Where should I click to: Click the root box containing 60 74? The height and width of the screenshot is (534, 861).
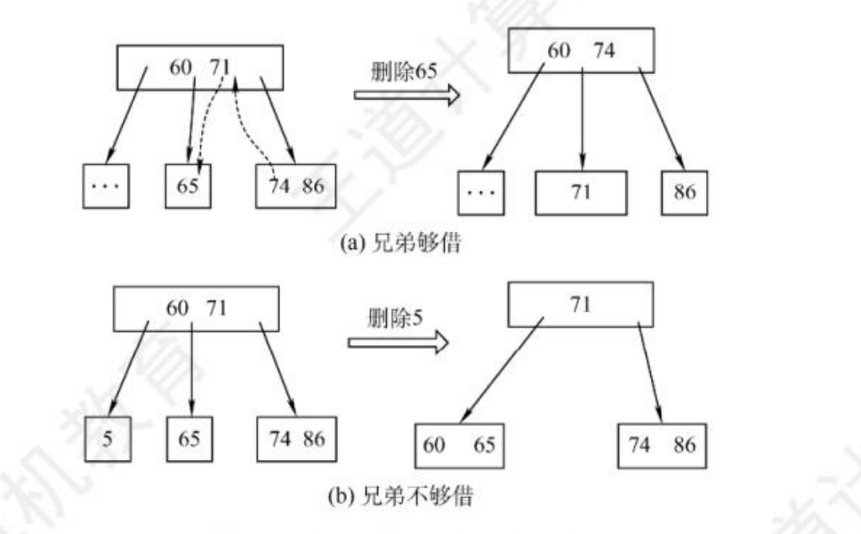pos(581,51)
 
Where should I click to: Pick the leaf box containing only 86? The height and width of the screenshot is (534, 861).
pos(684,191)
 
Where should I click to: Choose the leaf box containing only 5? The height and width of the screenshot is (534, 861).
pos(108,439)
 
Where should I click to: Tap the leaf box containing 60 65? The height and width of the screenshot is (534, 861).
pos(458,445)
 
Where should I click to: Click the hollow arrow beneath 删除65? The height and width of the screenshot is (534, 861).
pos(406,94)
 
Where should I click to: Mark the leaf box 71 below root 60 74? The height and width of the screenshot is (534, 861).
pos(581,191)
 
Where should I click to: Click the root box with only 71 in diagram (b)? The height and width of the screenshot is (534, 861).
pos(580,305)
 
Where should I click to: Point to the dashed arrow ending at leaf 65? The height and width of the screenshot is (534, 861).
pos(211,125)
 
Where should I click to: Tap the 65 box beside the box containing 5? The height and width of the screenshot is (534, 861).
pos(189,439)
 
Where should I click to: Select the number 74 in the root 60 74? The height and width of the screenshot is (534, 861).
pos(604,51)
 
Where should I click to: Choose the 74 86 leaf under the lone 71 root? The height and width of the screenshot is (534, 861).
pos(664,445)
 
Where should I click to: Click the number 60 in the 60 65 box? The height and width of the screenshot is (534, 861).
pos(434,445)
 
